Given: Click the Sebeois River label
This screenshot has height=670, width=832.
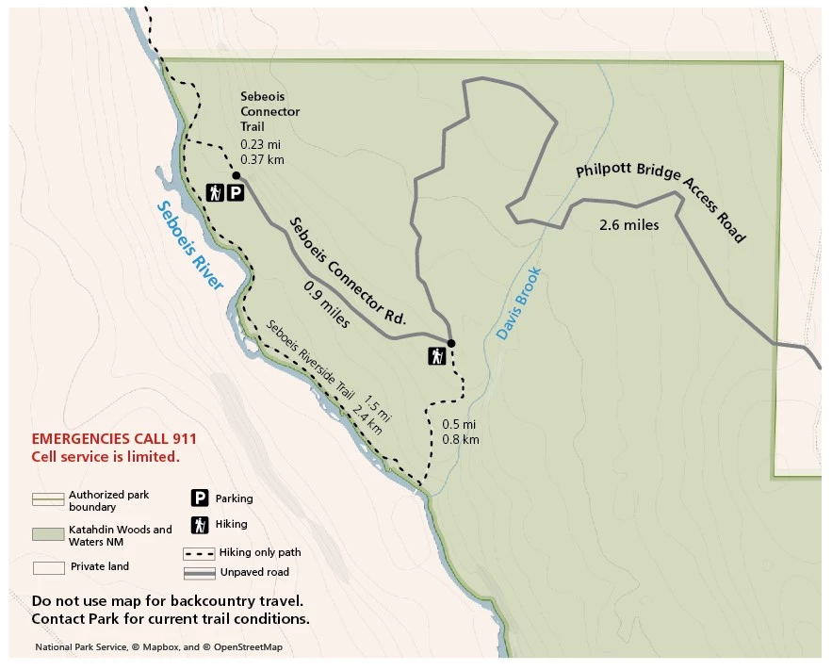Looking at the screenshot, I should click(x=190, y=245).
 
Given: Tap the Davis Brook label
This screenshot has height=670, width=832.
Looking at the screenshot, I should click(x=519, y=303).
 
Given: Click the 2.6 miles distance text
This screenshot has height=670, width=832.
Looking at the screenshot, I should click(x=628, y=225).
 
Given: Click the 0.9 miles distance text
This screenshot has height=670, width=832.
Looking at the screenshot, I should click(x=326, y=304).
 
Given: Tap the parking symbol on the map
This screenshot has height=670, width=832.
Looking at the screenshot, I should click(x=236, y=193).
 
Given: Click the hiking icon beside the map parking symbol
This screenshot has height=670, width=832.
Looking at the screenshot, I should click(x=215, y=193).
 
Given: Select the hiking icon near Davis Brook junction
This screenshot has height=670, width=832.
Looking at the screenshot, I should click(x=436, y=357).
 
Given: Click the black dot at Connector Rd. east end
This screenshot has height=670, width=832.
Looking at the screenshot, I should click(x=451, y=343).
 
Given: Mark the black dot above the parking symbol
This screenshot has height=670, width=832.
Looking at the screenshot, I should click(x=236, y=175).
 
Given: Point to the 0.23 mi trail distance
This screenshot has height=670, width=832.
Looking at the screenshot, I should click(x=261, y=144).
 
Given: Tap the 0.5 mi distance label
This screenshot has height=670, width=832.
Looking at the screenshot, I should click(x=460, y=424).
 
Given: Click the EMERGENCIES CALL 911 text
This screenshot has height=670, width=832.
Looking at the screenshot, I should click(x=114, y=439).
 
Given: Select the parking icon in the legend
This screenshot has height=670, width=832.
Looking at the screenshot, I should click(x=200, y=498).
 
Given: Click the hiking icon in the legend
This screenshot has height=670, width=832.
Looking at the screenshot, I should click(x=200, y=525).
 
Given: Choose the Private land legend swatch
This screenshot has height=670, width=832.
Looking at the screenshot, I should click(x=48, y=567).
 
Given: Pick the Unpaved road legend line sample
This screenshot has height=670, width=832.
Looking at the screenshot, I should click(x=199, y=573).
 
